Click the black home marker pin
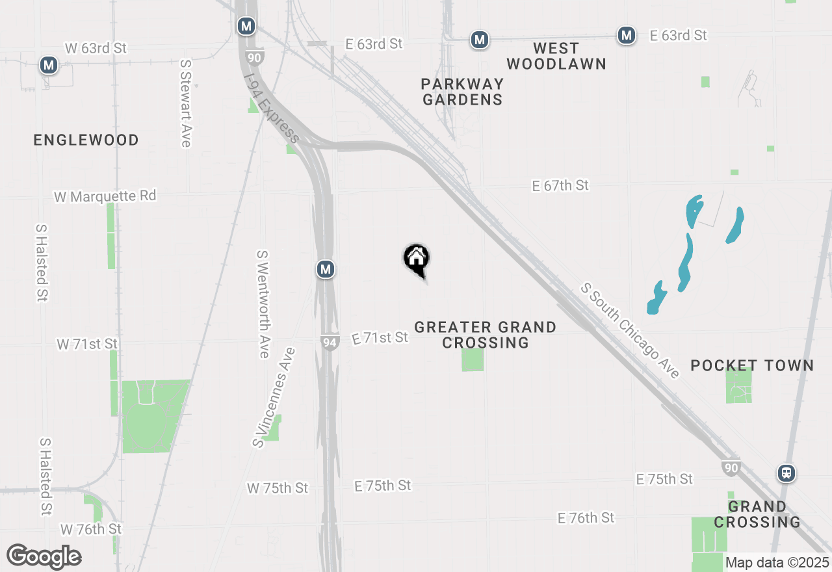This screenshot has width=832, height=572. (x=417, y=259)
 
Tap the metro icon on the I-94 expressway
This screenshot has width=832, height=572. (x=326, y=269)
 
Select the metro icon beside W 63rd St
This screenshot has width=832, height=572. (x=48, y=65)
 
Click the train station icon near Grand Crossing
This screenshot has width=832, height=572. (x=786, y=473)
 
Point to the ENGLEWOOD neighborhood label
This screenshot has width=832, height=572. (x=86, y=140)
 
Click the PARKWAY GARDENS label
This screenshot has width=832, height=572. (x=462, y=92)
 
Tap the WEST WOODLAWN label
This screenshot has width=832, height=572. (x=556, y=56)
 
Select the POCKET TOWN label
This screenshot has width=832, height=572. (x=752, y=365)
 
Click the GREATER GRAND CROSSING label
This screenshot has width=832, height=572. (x=485, y=335)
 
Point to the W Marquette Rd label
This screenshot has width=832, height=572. (x=105, y=196)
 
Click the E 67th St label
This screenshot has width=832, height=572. (x=560, y=186)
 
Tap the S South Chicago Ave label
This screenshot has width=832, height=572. (x=630, y=330)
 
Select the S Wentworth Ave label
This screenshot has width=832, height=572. (x=263, y=304)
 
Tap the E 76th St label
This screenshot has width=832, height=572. (x=586, y=518)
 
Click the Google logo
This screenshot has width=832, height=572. (x=44, y=556)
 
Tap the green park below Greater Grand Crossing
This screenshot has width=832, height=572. (x=473, y=359)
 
